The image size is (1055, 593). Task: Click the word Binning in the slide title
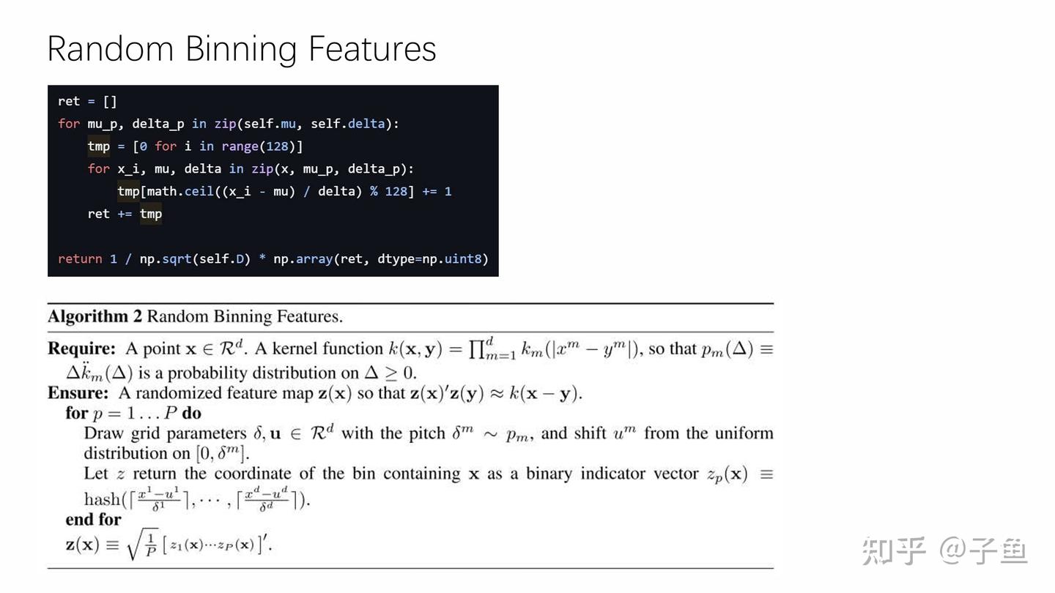click(241, 50)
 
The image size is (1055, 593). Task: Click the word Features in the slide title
click(372, 50)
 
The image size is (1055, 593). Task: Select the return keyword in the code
click(80, 258)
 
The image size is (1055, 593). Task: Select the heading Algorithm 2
click(95, 317)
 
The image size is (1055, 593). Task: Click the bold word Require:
click(81, 349)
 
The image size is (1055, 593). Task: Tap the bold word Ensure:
click(78, 393)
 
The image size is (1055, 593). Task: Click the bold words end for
click(93, 520)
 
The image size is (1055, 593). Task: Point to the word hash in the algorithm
click(102, 500)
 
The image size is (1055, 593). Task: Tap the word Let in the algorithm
click(95, 474)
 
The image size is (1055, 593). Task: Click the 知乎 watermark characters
click(893, 551)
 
